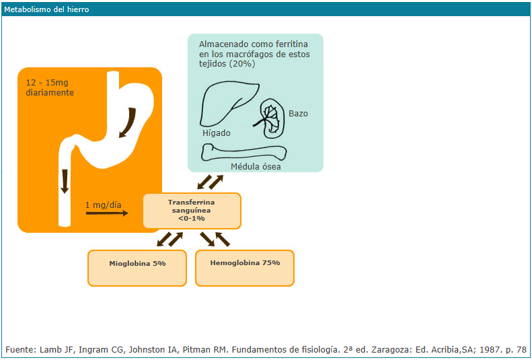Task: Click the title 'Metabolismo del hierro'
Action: coord(46,10)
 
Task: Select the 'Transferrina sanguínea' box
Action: coord(192,210)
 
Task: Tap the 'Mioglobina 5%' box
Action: coord(137,263)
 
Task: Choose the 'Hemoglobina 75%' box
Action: coord(245,263)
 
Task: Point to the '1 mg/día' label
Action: coord(104,205)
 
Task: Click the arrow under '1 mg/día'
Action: coord(106,213)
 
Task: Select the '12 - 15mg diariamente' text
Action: coord(50,87)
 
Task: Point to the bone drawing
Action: coord(245,153)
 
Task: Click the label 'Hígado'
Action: coord(217,133)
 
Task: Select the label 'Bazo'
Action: coord(298,114)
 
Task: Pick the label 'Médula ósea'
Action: coord(256,167)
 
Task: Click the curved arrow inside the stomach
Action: coord(128,122)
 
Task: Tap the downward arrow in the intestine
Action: coord(65,180)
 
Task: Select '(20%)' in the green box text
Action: coord(241,64)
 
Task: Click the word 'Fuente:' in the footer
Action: coord(22,350)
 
